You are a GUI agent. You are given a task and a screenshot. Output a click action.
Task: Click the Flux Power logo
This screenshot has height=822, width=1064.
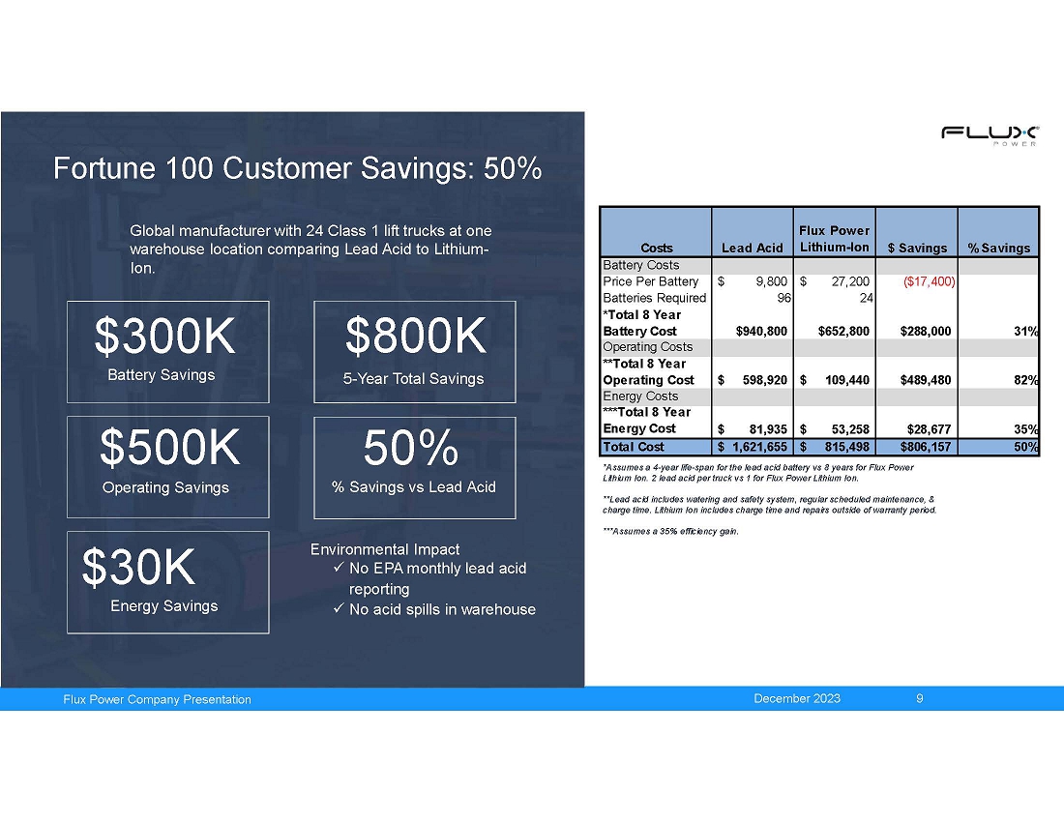coord(990,135)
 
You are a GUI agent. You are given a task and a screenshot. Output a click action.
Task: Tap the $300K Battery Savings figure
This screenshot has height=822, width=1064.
coord(164,336)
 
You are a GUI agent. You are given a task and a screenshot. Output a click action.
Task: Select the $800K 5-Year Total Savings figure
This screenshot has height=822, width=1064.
coord(416,336)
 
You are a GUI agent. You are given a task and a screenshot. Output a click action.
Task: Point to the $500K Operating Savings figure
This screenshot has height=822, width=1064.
coord(169,448)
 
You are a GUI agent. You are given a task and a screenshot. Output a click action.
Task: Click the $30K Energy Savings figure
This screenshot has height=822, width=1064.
coord(138,567)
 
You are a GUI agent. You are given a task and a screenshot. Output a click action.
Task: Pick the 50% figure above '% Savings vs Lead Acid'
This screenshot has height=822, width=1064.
coord(410,448)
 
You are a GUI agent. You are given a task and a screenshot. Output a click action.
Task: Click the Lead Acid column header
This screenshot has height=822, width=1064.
coord(752,249)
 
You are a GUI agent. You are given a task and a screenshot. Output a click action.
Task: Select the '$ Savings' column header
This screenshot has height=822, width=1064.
coord(917,249)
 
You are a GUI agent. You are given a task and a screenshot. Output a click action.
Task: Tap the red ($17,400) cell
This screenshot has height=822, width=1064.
coord(929,281)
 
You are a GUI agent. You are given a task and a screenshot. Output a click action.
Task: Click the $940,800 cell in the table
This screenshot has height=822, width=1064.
coord(761,332)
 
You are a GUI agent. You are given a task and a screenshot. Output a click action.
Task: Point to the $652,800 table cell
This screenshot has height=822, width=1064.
coord(843,332)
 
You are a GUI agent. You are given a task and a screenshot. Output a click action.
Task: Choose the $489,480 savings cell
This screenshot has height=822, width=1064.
coord(926,380)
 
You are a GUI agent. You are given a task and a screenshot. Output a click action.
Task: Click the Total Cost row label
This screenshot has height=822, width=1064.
coord(634,447)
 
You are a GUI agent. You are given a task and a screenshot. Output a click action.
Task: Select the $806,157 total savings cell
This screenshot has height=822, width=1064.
coord(926,447)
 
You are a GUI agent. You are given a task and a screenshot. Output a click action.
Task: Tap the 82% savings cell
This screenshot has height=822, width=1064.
coord(1026,380)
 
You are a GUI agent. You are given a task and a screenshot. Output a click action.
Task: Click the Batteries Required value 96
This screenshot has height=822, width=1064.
coord(783,299)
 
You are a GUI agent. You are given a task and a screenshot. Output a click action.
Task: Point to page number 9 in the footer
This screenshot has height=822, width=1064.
coord(920,698)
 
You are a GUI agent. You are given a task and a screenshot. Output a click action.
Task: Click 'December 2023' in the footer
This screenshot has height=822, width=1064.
coord(797,698)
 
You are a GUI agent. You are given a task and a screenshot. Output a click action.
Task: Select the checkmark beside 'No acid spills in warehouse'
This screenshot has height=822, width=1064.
coord(339,608)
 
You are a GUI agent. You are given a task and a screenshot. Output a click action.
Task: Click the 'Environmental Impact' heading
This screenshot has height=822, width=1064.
coord(385,549)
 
